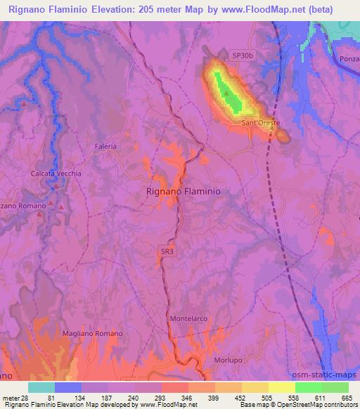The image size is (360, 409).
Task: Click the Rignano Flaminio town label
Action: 184,191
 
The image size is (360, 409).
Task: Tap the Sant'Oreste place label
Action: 260,123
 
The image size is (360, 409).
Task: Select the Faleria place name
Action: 105,146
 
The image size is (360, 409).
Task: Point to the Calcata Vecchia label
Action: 56,174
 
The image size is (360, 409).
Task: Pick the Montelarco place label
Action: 188,319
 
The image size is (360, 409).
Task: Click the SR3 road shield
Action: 165,251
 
